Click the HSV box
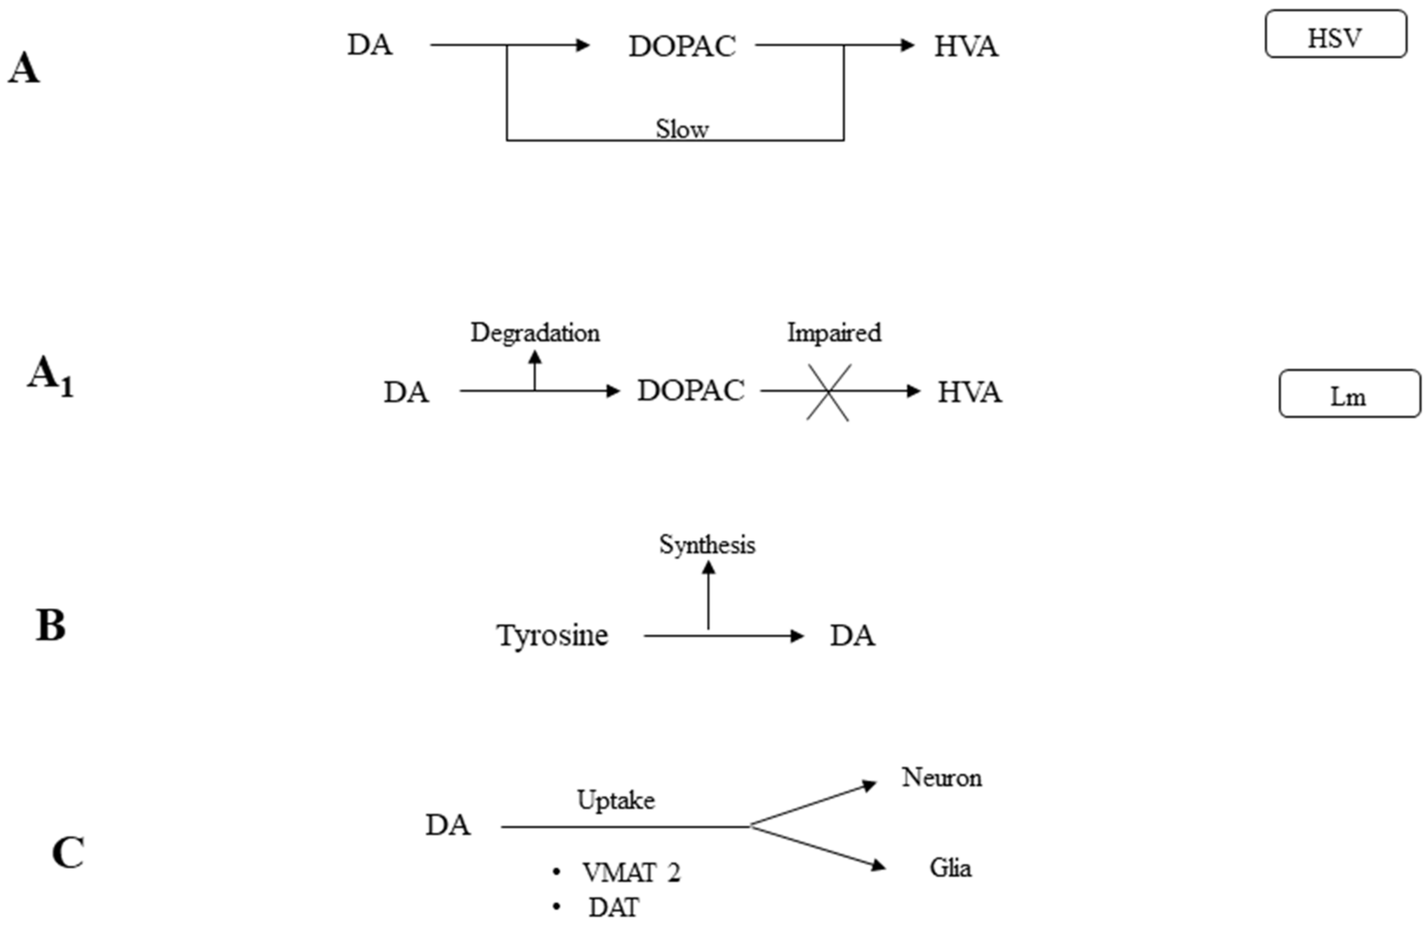pos(1335,34)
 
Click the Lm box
pos(1349,394)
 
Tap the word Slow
pos(682,128)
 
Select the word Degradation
pos(535,332)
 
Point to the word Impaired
pos(834,332)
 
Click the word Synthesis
pos(707,544)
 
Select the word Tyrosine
pos(552,635)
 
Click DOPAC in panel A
pos(682,46)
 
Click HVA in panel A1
pos(970,392)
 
